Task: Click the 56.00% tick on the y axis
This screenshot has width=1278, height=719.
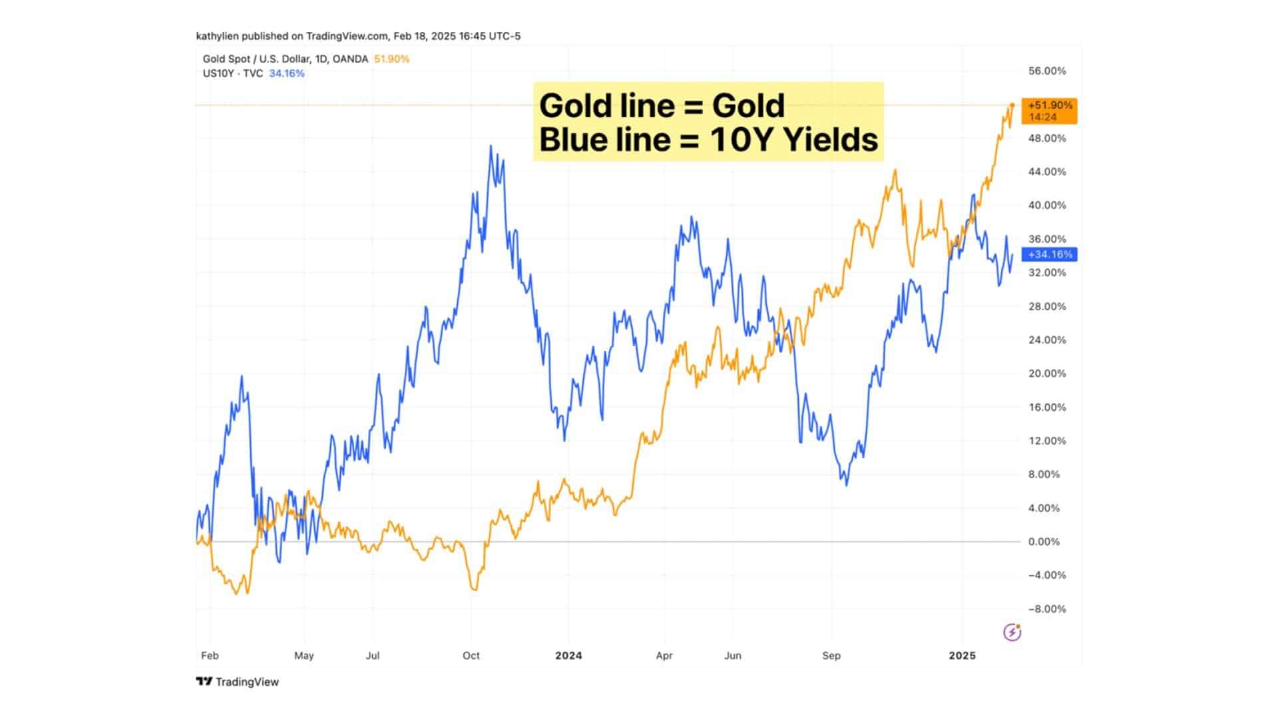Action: click(x=1046, y=71)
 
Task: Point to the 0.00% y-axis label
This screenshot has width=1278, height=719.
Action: click(x=1044, y=542)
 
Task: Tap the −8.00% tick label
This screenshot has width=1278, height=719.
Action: click(x=1046, y=609)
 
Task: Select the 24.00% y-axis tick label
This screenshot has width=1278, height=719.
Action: click(x=1046, y=340)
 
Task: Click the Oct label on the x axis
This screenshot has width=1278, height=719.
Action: click(x=471, y=656)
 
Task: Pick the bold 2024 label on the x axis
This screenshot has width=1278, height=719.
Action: click(x=568, y=656)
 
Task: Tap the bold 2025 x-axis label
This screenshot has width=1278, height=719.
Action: click(x=962, y=656)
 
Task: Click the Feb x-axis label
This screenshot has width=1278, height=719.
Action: click(x=210, y=656)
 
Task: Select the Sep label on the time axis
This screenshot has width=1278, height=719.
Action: click(x=831, y=656)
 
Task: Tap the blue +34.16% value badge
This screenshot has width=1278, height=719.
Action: click(x=1050, y=254)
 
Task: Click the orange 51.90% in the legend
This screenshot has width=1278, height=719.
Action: click(x=391, y=59)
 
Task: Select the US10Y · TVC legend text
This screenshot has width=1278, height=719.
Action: click(x=233, y=73)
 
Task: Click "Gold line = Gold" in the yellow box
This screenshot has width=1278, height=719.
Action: click(x=662, y=105)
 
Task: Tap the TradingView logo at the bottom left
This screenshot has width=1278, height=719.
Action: click(x=238, y=682)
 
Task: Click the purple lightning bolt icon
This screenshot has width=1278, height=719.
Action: click(x=1012, y=632)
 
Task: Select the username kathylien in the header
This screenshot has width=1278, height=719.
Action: click(x=217, y=36)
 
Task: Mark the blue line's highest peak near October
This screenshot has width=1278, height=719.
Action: click(x=491, y=146)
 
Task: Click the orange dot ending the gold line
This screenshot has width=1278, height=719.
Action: click(x=1012, y=105)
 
